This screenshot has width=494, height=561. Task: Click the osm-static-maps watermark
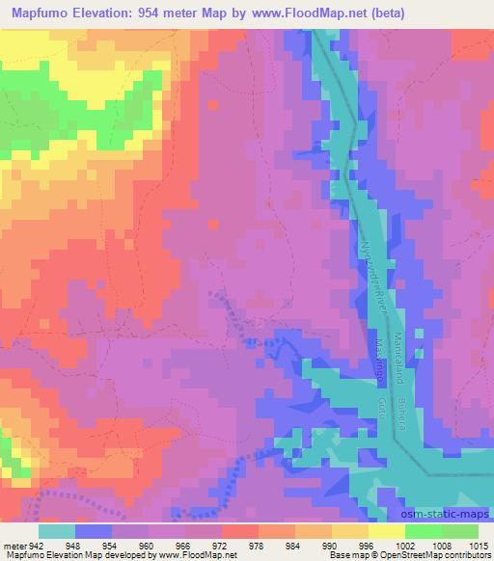click(443, 512)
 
